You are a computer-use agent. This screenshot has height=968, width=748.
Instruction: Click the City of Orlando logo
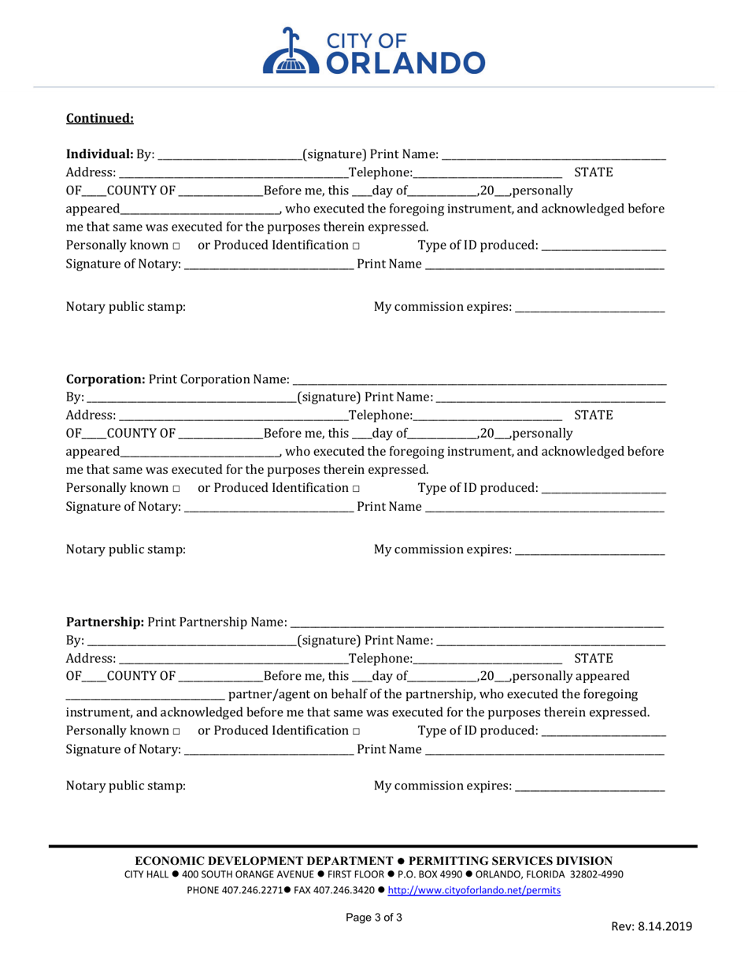373,50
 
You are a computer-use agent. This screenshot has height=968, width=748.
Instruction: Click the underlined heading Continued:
100,119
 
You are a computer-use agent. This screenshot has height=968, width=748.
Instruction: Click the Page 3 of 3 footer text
374,917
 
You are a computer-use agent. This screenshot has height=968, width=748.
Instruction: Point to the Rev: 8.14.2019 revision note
652,926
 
